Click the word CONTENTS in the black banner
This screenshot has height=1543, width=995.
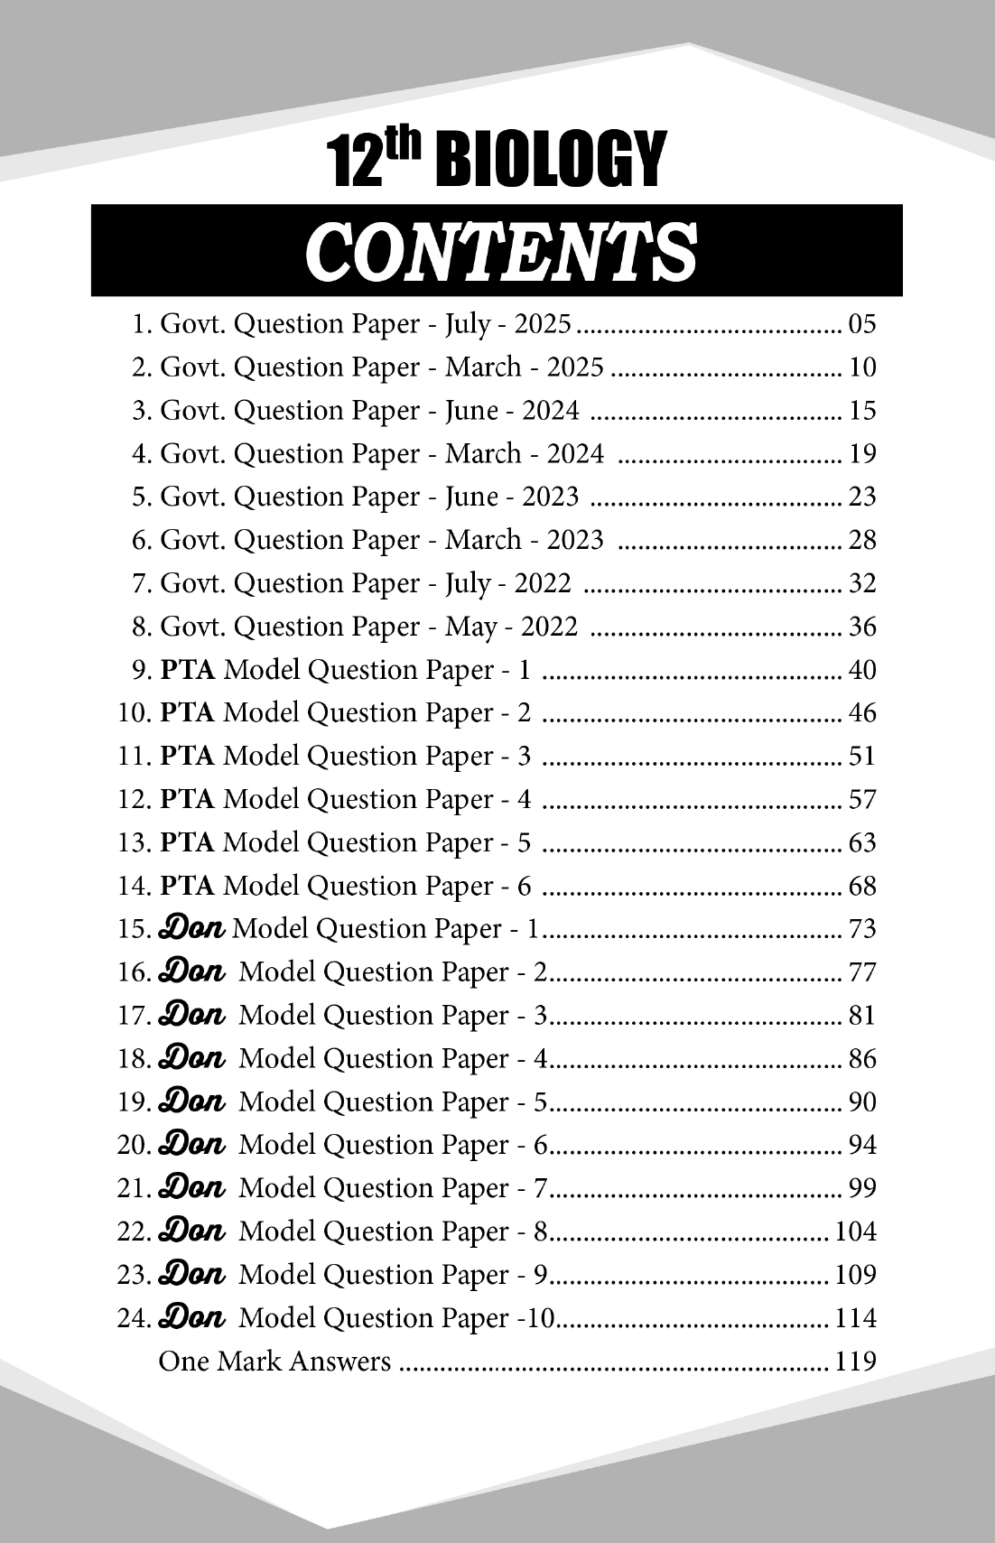point(502,251)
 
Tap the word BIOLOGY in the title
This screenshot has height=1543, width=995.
point(550,161)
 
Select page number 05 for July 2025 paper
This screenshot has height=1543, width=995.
point(862,324)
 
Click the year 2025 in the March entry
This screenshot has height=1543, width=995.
point(575,367)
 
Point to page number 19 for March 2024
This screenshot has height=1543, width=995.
point(862,453)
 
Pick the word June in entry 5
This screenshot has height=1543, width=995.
point(471,497)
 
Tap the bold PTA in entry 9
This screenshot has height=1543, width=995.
point(187,670)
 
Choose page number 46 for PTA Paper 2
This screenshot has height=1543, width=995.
point(862,713)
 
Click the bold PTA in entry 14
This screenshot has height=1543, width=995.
point(187,886)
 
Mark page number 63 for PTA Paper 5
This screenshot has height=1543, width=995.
point(862,842)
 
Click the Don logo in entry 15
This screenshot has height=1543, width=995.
point(191,928)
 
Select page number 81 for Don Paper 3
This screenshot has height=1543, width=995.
point(862,1015)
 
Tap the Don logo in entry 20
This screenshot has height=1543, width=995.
point(191,1144)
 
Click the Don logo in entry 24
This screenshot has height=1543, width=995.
point(191,1317)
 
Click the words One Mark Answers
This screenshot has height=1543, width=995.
point(274,1362)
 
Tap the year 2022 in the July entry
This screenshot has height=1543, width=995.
point(543,583)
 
